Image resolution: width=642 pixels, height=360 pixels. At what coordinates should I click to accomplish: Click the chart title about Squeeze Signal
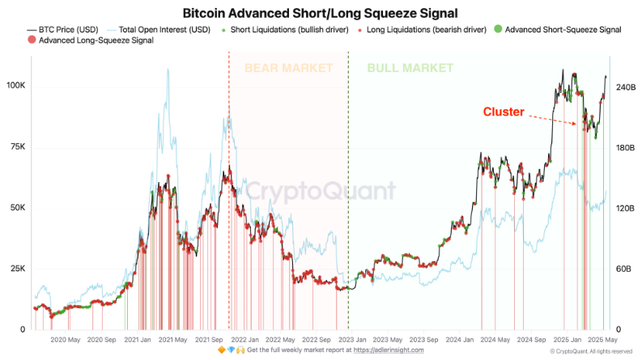(320, 13)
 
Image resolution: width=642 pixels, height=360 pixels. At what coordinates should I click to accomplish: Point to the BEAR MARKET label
(288, 68)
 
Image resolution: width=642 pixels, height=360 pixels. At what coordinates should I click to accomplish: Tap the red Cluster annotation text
(504, 112)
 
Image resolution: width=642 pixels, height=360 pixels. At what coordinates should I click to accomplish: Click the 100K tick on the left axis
(15, 86)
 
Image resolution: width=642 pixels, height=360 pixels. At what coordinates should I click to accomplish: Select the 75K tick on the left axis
(17, 147)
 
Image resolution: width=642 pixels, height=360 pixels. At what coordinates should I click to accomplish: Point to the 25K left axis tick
(17, 269)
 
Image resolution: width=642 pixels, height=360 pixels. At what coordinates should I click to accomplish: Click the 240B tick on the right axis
(627, 87)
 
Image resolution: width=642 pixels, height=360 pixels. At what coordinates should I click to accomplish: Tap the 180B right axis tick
(627, 148)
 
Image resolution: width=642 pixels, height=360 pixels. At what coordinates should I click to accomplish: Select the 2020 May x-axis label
(64, 341)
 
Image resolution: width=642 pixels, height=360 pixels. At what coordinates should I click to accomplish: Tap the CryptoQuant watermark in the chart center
(321, 191)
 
